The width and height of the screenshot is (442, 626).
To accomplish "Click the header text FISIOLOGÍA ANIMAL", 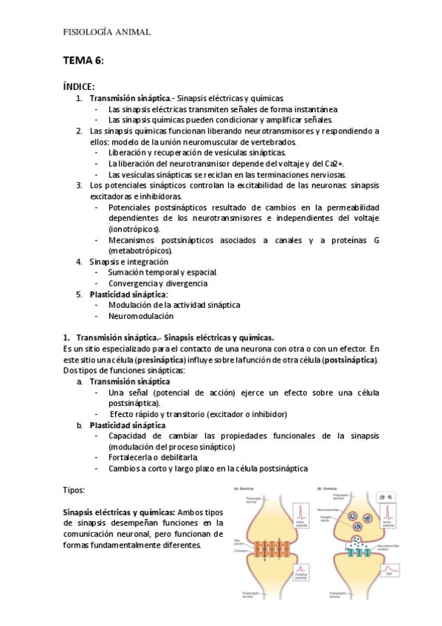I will click(x=108, y=32).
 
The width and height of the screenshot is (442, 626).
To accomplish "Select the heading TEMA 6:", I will click(x=83, y=60).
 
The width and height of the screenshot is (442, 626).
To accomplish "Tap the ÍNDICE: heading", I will click(x=78, y=86).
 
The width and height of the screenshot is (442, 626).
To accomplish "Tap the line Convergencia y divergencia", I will click(x=157, y=283).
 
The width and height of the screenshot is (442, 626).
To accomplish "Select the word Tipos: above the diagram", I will click(x=75, y=489).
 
